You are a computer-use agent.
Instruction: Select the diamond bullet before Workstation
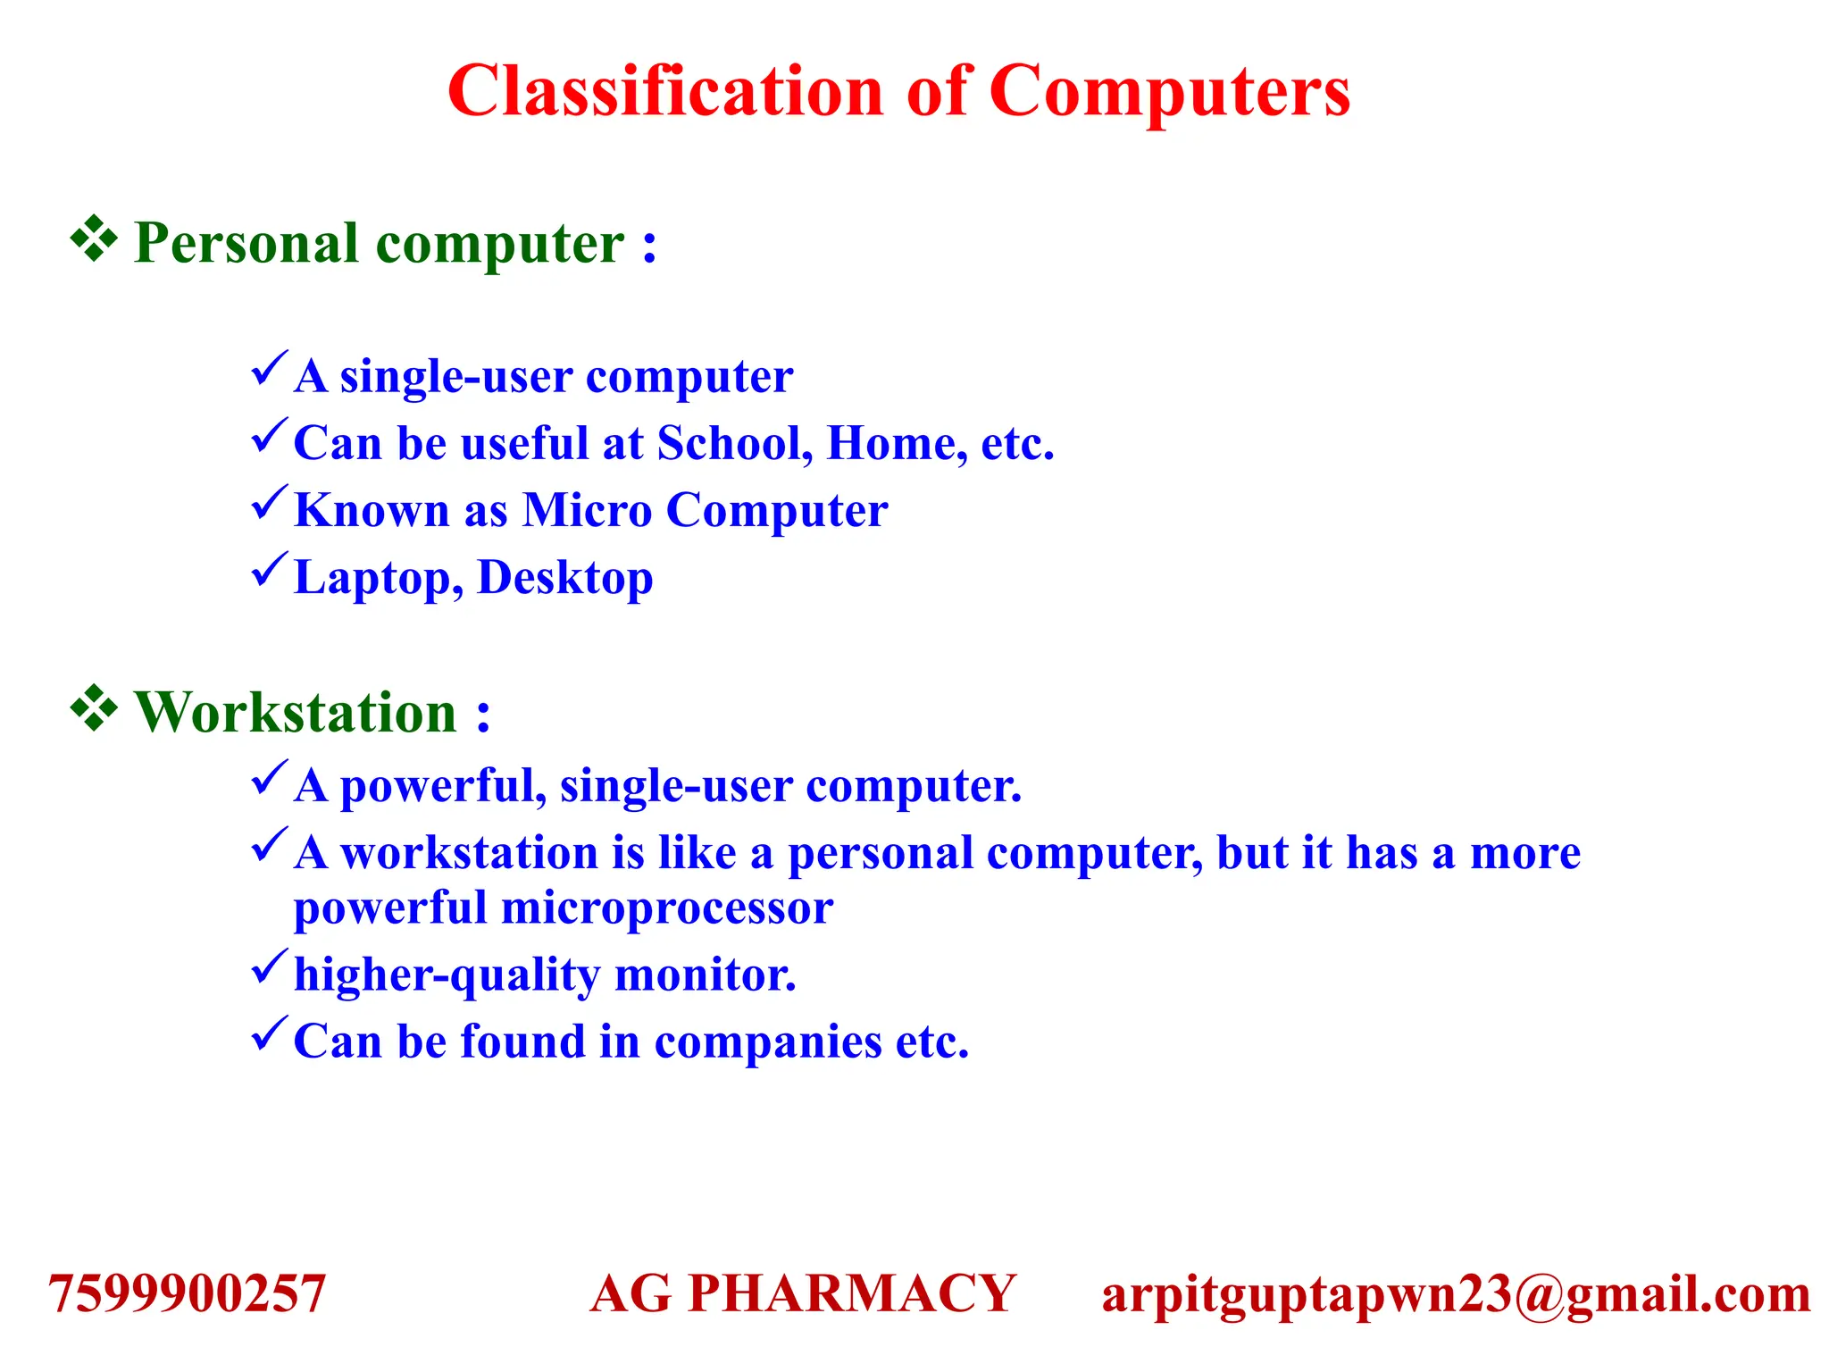tap(94, 709)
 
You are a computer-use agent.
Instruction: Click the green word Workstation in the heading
tap(296, 713)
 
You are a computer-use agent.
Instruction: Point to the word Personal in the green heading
tap(246, 243)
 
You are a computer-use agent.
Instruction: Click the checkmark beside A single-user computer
tap(269, 368)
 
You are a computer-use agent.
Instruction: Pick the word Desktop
tap(565, 577)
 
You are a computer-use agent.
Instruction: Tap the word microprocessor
tap(666, 908)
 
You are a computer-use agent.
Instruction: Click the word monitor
tap(705, 975)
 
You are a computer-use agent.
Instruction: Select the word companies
tap(768, 1042)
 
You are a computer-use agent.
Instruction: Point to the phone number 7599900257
tap(187, 1293)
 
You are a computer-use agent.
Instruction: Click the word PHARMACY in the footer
tap(852, 1293)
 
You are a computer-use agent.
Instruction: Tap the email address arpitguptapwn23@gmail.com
tap(1456, 1294)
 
